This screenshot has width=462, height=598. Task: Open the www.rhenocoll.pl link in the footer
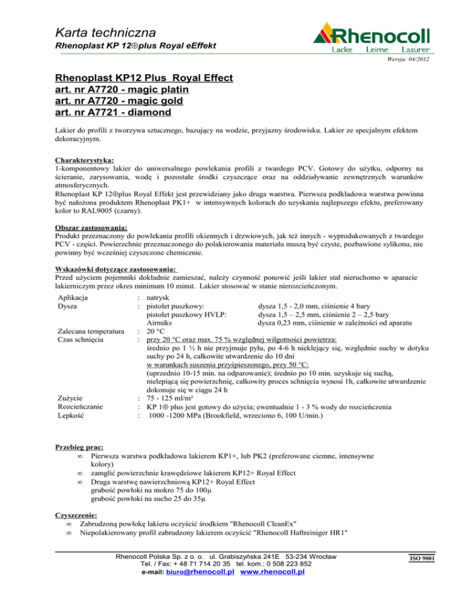(x=272, y=572)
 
